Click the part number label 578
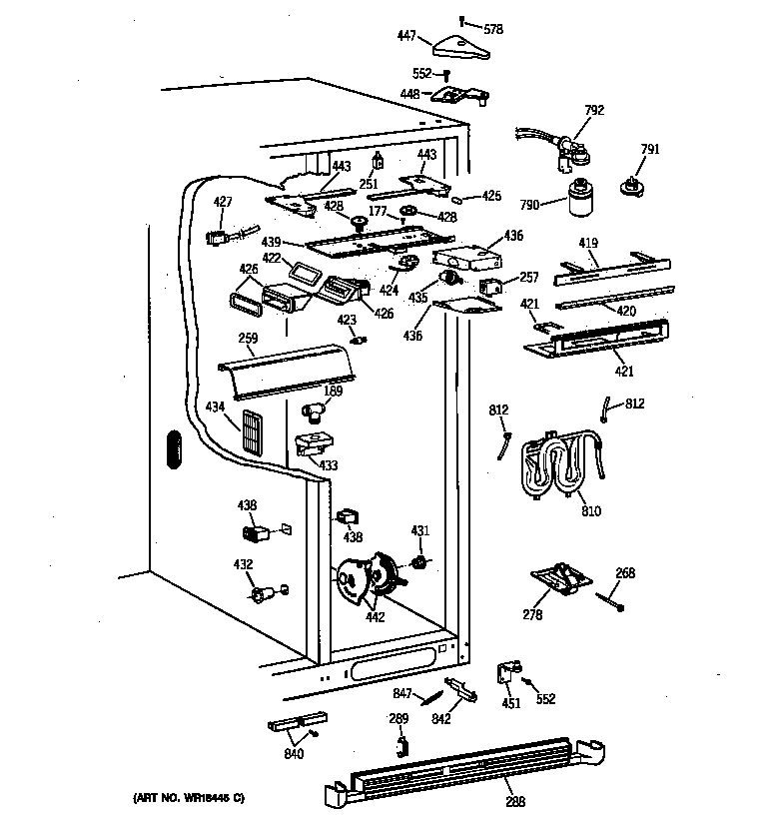493,30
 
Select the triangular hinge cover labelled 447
460,45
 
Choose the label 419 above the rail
588,242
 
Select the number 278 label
532,615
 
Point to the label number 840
294,754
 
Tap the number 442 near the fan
375,617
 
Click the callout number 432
242,565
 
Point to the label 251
368,185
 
